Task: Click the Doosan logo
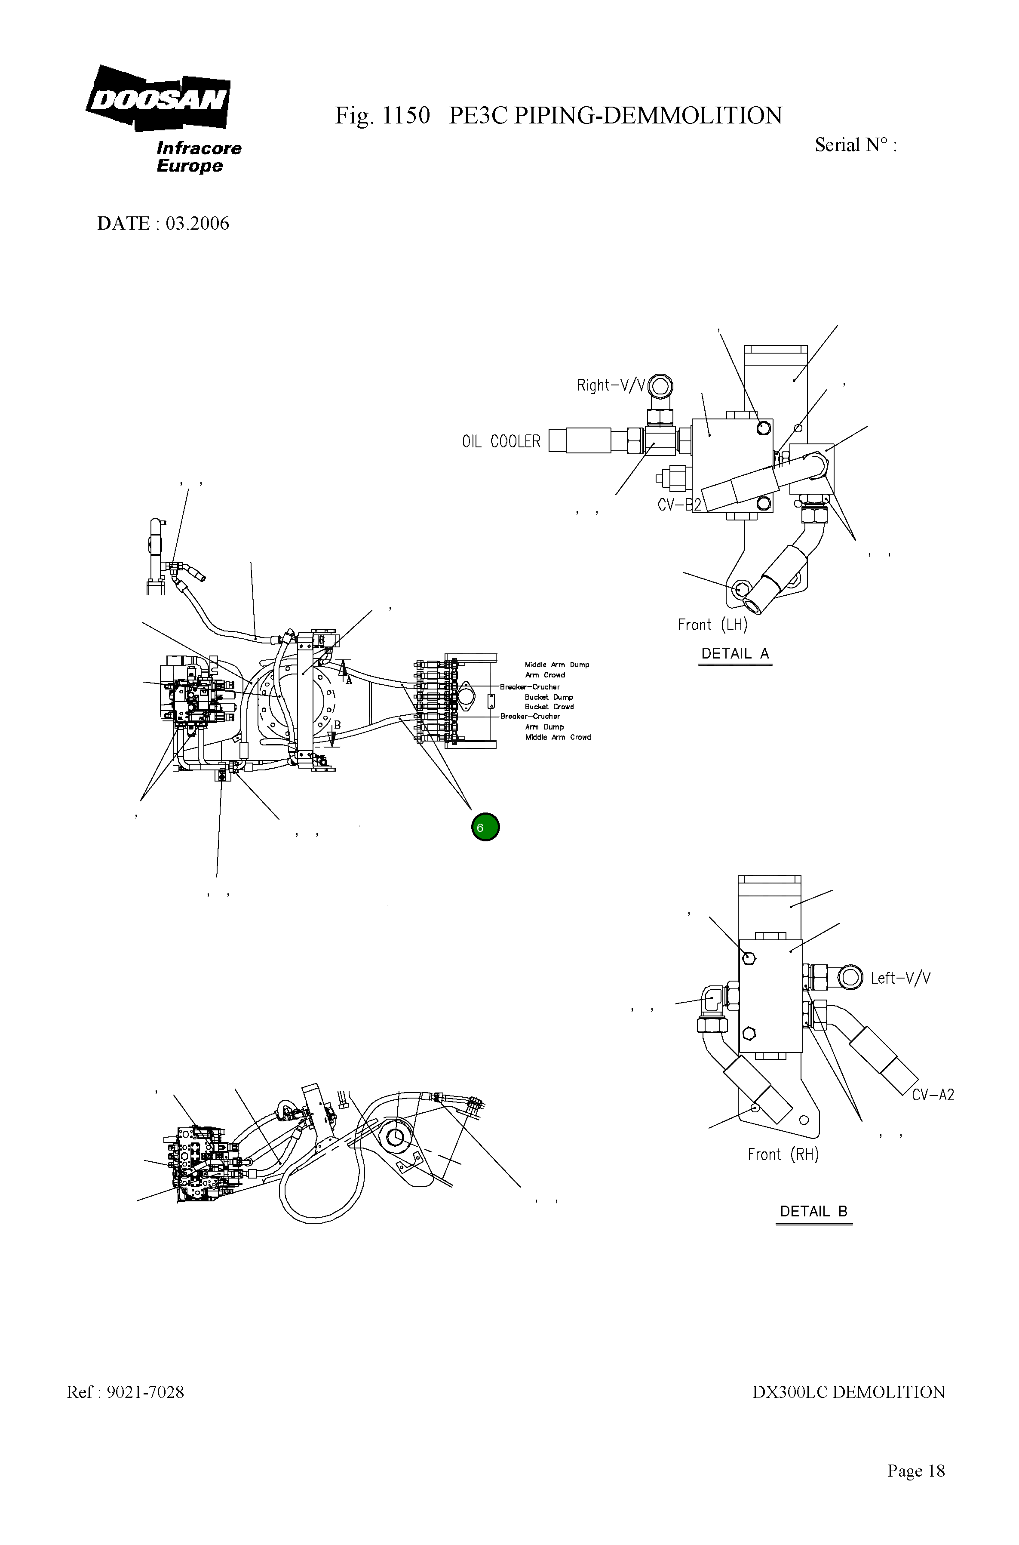coord(158,99)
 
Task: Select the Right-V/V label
coord(611,385)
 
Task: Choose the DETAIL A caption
coord(735,654)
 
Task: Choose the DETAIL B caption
coord(813,1212)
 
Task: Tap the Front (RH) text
coord(783,1154)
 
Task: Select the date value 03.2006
coord(197,224)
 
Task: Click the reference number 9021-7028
coord(145,1392)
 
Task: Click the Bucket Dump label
coord(549,697)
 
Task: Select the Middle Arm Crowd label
coord(558,737)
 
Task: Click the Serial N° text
coord(855,145)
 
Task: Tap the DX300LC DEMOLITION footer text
coord(848,1392)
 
